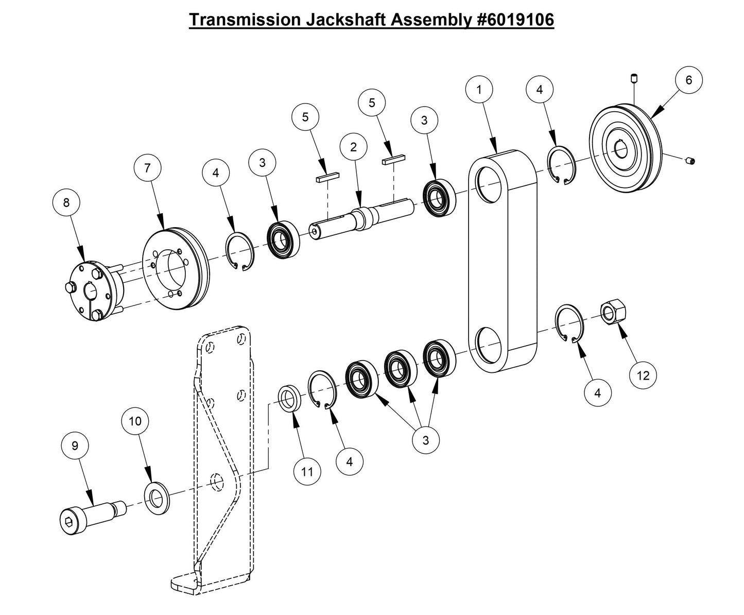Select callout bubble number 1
(479, 90)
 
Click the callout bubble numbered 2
(353, 147)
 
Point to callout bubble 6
(689, 80)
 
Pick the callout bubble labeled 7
(148, 168)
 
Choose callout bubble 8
(66, 203)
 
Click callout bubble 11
(307, 472)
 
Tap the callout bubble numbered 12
(644, 375)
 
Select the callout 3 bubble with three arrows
(425, 440)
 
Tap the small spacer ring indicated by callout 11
(291, 400)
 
